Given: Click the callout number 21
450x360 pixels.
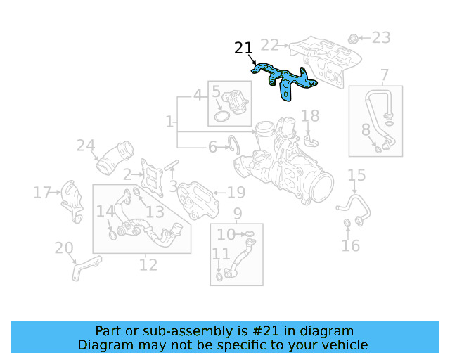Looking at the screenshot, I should click(x=243, y=49).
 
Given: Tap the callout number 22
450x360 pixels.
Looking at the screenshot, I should click(x=270, y=45).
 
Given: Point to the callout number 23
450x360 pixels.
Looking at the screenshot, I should click(x=380, y=37).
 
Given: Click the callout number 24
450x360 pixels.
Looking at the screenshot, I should click(x=86, y=146).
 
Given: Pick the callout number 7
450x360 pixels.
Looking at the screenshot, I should click(x=385, y=75).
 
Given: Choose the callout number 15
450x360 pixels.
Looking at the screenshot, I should click(x=356, y=175).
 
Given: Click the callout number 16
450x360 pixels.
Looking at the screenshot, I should click(x=350, y=245).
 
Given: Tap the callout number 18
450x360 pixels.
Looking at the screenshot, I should click(x=310, y=115).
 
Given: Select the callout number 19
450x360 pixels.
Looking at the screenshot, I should click(x=236, y=192).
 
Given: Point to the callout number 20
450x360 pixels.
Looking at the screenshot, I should click(x=64, y=247).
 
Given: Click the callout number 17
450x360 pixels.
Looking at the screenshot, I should click(x=42, y=192).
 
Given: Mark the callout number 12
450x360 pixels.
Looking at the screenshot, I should click(x=148, y=264).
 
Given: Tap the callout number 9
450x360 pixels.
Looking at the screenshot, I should click(x=238, y=213).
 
